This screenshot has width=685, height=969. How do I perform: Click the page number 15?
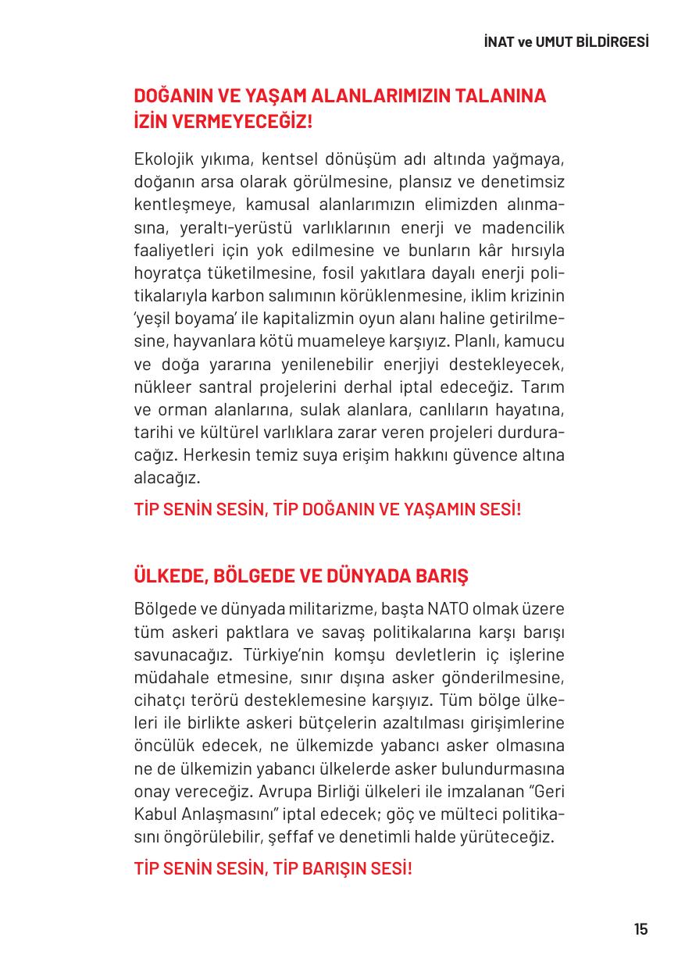tap(640, 929)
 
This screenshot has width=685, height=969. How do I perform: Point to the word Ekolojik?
tap(161, 160)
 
